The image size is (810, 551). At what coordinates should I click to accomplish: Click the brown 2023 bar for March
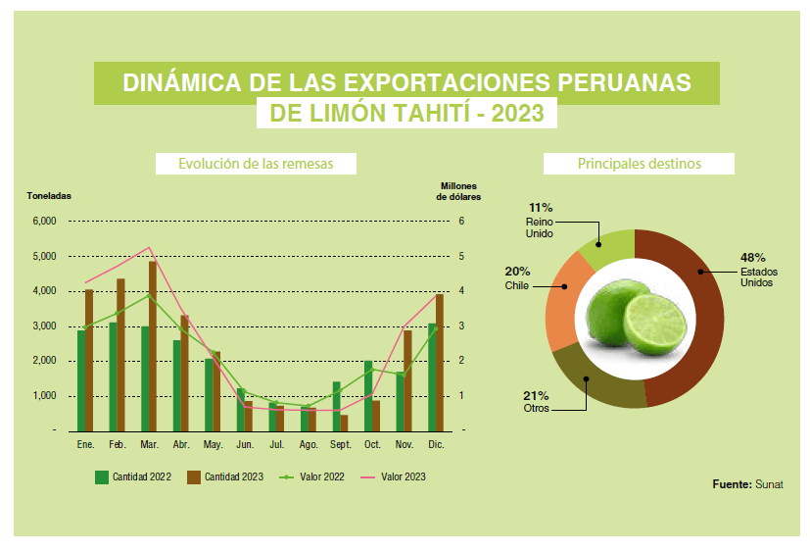click(153, 345)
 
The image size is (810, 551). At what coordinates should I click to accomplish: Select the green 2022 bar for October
click(368, 396)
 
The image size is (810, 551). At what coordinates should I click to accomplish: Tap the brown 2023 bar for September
click(344, 423)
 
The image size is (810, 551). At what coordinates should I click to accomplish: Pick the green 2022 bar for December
click(432, 376)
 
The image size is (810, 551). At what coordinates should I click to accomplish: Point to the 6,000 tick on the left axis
click(45, 222)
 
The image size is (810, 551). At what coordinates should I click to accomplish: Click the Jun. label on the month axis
click(246, 445)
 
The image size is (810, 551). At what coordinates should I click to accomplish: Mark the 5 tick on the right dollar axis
click(460, 257)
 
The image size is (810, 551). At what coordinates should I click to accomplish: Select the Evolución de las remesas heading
click(256, 164)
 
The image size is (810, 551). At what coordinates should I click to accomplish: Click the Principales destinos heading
click(639, 164)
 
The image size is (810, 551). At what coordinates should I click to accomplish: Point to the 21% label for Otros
click(537, 395)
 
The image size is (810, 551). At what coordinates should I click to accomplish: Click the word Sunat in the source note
click(770, 484)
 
